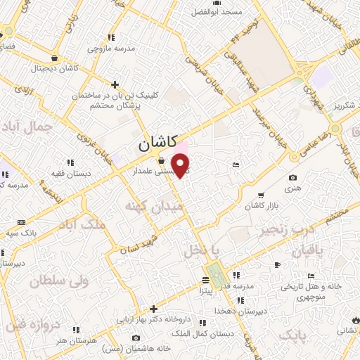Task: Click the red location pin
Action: [x=181, y=165]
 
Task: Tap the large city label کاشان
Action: [x=153, y=146]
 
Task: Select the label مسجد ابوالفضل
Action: [x=218, y=12]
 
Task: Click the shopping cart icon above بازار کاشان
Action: [x=261, y=195]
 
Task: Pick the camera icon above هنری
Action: [x=292, y=178]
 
